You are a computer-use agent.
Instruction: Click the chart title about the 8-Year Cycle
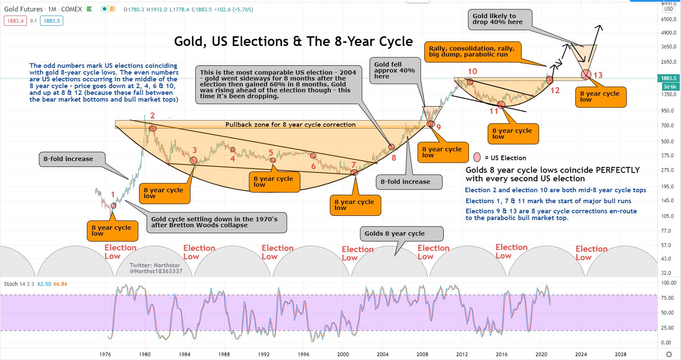[293, 41]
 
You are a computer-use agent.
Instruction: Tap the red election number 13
[598, 75]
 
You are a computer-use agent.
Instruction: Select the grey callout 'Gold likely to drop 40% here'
[499, 19]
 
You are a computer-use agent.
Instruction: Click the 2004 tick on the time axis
[383, 354]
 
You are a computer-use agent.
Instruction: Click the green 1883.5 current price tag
[668, 78]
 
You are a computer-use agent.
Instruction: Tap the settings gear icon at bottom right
[669, 354]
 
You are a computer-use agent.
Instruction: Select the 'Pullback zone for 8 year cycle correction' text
[290, 125]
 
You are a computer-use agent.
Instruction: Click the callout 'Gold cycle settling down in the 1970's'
[214, 222]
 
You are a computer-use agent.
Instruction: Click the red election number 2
[153, 116]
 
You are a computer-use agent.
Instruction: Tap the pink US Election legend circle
[477, 158]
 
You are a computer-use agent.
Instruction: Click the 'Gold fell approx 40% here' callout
[394, 70]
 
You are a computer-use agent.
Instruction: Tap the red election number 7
[354, 165]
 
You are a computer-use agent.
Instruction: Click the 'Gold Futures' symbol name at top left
[23, 9]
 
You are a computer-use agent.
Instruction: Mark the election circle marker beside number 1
[113, 206]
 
